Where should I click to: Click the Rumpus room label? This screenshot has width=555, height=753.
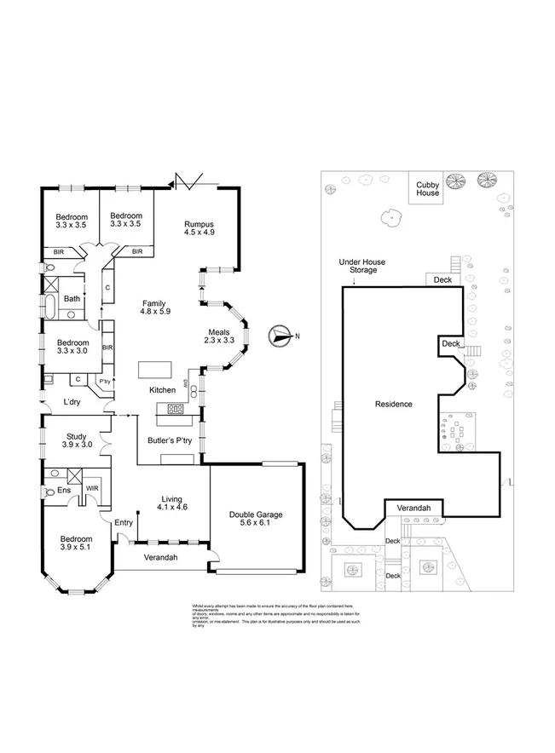[199, 225]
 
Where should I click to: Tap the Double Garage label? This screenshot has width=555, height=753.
[256, 514]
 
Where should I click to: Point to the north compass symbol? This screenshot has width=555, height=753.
[280, 336]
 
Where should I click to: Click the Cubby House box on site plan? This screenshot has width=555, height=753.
[427, 188]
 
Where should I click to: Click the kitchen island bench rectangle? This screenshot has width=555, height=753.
[155, 370]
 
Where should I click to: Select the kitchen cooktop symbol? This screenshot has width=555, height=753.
[176, 408]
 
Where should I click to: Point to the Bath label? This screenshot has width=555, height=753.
[72, 298]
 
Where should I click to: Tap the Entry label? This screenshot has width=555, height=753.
[124, 522]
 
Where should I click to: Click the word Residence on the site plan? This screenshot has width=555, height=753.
[394, 403]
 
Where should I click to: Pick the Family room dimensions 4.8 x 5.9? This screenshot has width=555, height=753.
[156, 312]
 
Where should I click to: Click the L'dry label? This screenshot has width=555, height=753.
[72, 403]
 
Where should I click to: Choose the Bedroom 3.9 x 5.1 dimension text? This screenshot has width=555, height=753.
[76, 549]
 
